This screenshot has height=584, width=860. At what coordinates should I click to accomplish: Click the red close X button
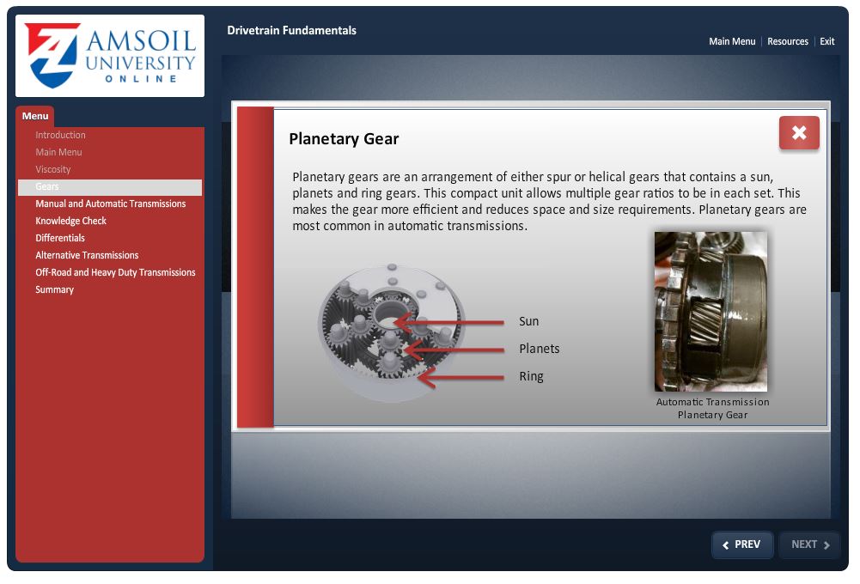pos(799,133)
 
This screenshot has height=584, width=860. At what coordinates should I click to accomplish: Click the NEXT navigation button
pos(809,544)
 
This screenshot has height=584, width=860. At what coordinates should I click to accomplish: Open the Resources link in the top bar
pos(788,41)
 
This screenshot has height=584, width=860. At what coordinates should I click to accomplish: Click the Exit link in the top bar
pos(827,41)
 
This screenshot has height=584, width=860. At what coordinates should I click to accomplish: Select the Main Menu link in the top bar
pos(732,41)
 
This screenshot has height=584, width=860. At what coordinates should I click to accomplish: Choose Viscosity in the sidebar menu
pos(53,169)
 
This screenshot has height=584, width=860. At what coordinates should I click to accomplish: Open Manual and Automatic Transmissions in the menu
pos(110,204)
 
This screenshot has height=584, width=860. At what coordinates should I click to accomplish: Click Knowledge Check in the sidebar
pos(70,221)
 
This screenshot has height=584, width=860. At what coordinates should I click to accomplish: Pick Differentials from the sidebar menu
pos(60,238)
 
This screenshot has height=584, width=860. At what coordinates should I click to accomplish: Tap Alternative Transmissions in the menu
pos(87,255)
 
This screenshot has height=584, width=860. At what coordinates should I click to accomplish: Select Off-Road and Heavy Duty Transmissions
pos(115,272)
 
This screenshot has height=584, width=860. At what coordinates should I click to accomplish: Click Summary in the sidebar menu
pos(54,289)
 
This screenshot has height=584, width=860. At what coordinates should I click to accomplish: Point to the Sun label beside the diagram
pos(528,321)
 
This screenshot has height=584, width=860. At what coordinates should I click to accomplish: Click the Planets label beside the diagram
pos(540,349)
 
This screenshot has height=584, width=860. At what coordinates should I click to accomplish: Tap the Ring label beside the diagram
pos(531,377)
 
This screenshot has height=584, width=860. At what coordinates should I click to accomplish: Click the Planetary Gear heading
pos(344,139)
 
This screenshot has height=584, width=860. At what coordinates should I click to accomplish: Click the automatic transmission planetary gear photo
pos(711,311)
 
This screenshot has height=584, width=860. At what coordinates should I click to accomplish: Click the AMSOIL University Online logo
pos(110,56)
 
